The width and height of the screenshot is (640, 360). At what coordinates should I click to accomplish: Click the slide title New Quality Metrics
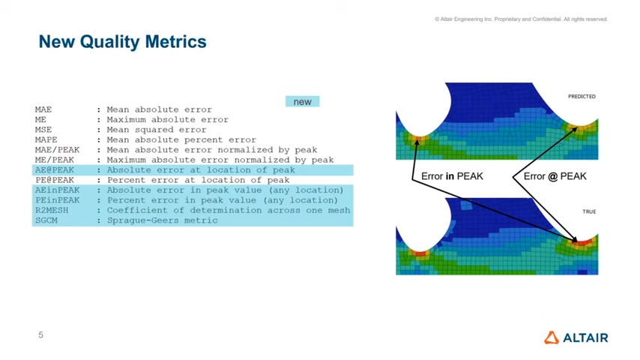click(122, 42)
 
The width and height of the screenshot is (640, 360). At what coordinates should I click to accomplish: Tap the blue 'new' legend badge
click(303, 101)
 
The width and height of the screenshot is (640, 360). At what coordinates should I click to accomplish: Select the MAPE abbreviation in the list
click(46, 139)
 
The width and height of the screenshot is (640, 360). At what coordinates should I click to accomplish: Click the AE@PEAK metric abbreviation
click(55, 170)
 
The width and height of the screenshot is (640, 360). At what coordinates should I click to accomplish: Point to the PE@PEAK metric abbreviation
click(55, 180)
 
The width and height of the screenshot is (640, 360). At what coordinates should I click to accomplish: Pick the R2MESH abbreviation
click(52, 211)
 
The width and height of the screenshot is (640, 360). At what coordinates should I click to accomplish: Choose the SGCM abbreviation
click(46, 220)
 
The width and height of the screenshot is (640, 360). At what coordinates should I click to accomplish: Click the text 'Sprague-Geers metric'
click(163, 220)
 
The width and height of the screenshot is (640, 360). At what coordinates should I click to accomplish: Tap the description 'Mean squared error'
click(157, 130)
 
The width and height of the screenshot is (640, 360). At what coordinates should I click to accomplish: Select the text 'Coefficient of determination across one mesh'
click(229, 211)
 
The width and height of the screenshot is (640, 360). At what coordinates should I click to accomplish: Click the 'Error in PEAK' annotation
click(452, 176)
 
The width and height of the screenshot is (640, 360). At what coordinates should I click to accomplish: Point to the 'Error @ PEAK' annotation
click(555, 176)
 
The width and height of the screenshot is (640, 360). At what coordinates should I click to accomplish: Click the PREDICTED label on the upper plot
click(582, 97)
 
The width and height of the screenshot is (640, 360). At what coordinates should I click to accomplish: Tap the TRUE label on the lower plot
click(589, 211)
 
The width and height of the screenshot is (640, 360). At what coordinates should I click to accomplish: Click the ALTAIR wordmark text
click(586, 338)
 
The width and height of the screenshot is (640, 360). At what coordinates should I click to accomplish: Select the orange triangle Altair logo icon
click(552, 337)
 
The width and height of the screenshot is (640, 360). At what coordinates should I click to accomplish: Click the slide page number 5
click(40, 335)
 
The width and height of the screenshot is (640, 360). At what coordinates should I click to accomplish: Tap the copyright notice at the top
click(522, 19)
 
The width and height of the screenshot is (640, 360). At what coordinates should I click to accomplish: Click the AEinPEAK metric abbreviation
click(57, 190)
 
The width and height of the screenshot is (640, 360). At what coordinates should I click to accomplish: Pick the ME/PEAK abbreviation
click(55, 160)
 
